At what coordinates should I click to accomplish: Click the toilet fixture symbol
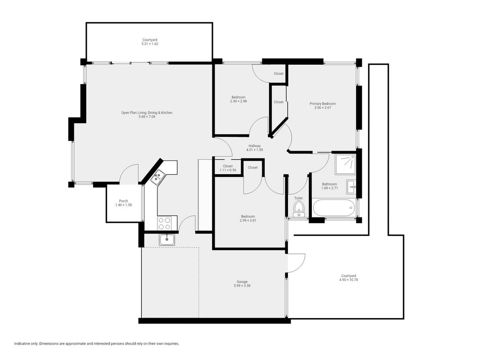click(x=298, y=209)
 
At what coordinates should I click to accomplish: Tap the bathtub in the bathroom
click(x=333, y=208)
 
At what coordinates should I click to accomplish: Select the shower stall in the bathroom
click(x=345, y=164)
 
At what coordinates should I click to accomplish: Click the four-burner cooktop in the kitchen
click(x=164, y=223)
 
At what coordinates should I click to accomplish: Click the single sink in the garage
click(x=166, y=240)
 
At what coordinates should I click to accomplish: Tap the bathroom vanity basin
click(x=351, y=187)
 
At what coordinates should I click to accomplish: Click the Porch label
click(x=123, y=201)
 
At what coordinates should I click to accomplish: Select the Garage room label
click(x=242, y=282)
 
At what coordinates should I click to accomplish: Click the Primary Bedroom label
click(x=323, y=103)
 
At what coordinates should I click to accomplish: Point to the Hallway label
click(x=254, y=146)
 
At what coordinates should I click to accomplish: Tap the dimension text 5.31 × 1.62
click(x=150, y=44)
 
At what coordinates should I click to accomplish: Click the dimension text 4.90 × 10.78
click(x=349, y=279)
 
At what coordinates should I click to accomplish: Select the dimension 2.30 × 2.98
click(x=238, y=101)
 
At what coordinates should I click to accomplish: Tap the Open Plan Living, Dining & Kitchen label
click(x=147, y=112)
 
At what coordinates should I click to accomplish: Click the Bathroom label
click(x=329, y=184)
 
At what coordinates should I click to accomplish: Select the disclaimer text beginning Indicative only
click(x=97, y=343)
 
